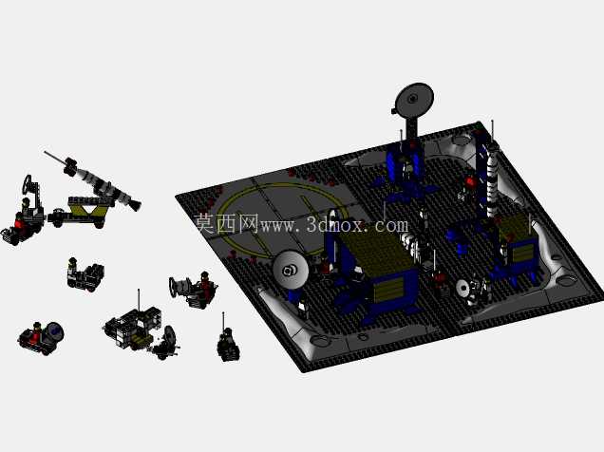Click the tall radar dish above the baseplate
point(414,100)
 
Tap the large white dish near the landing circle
point(291,270)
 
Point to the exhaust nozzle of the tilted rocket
point(135,204)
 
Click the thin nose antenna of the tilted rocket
point(55,157)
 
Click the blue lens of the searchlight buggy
point(56,330)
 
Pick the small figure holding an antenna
point(227,343)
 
